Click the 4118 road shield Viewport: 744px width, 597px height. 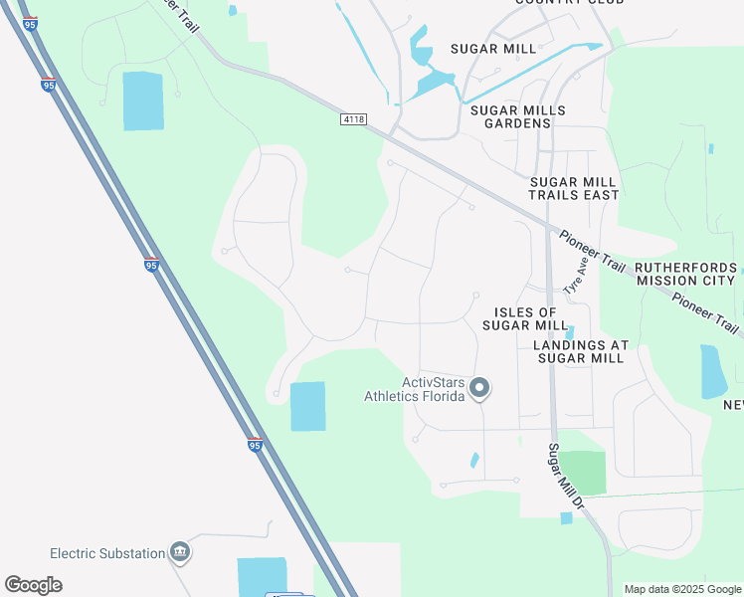point(351,118)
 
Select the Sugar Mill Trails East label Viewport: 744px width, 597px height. point(574,188)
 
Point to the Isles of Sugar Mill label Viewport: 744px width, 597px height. point(525,318)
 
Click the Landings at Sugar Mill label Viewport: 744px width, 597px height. point(581,351)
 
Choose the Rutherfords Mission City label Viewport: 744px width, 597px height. point(686,274)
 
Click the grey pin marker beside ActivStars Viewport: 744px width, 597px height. point(480,388)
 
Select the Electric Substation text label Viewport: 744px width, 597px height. point(106,552)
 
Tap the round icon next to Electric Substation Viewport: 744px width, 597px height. point(180,551)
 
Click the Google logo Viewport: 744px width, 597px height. point(33,585)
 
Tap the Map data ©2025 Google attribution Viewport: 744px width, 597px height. point(683,589)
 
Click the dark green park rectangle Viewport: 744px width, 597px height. point(582,473)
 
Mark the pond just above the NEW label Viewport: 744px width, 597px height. point(712,370)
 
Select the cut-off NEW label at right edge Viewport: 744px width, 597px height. point(733,404)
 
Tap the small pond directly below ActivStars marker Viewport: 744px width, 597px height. point(474,461)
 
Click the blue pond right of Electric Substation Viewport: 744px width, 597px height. point(262,576)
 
